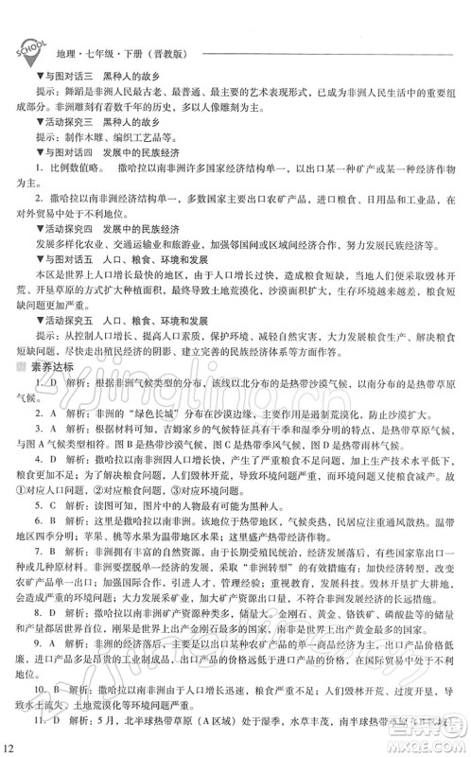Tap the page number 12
[x=9, y=748]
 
